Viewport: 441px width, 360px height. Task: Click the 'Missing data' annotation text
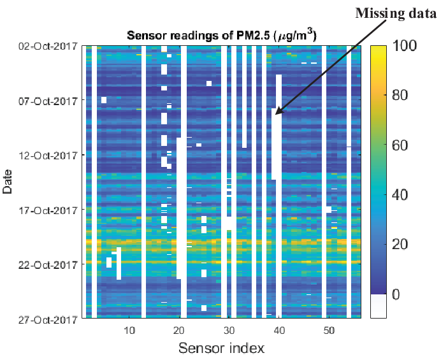click(x=396, y=13)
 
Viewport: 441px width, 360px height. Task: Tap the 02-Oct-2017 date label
click(x=48, y=46)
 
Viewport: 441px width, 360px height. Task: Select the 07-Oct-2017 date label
click(x=48, y=101)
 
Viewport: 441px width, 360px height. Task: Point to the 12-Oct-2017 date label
click(x=48, y=155)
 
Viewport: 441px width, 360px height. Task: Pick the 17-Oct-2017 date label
click(x=48, y=210)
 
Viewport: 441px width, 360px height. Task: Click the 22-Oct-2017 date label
click(x=48, y=264)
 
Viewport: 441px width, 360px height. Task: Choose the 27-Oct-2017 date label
click(x=48, y=319)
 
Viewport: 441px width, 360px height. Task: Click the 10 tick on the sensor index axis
click(x=129, y=330)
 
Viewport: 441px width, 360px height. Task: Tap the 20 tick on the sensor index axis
click(x=179, y=330)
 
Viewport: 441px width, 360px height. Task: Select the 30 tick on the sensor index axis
click(x=229, y=330)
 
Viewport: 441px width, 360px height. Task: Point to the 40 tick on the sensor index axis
click(x=279, y=330)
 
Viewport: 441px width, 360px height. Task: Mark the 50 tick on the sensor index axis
click(x=329, y=330)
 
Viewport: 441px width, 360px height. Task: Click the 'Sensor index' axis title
click(x=222, y=348)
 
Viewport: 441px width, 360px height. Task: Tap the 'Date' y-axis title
click(x=8, y=182)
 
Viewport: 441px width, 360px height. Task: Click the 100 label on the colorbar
click(x=404, y=45)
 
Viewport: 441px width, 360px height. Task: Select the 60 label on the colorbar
click(x=400, y=145)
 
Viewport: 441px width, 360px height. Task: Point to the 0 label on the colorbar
click(x=396, y=294)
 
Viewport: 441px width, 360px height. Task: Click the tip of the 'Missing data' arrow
click(x=275, y=114)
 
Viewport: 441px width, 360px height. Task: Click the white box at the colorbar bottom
click(x=379, y=306)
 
